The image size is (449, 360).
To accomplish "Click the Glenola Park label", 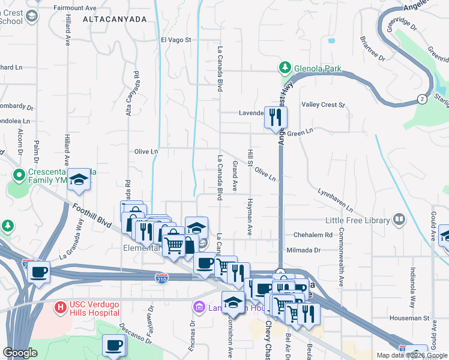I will [318, 68].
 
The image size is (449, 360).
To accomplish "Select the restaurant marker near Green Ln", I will [276, 117].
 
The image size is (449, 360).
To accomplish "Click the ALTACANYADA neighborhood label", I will [115, 20].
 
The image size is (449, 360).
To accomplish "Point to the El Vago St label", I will [175, 40].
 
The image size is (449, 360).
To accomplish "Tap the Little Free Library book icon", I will [399, 220].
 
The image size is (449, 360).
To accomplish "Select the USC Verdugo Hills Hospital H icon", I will [60, 308].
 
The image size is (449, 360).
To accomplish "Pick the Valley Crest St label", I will [324, 105].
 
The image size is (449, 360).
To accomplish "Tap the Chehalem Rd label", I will [312, 235].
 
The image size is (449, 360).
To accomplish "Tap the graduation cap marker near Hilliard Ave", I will [79, 179].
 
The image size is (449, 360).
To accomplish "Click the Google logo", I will [20, 353].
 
